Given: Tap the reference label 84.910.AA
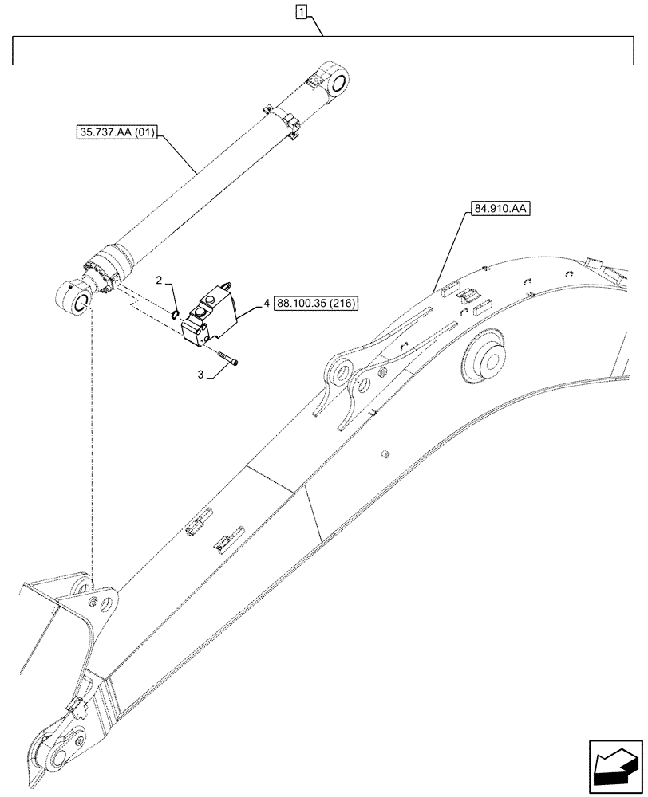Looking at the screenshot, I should coord(500,210).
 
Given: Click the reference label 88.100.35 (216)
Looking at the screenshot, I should coord(318,303).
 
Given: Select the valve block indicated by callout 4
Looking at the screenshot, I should coord(211,320).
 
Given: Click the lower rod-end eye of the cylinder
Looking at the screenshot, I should coord(73,303).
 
